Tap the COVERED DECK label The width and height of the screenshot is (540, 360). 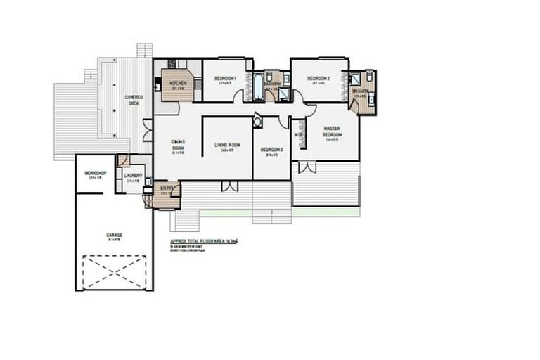coord(134,99)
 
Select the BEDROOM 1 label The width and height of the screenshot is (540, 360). coord(225,78)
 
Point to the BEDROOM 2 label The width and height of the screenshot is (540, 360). coord(319,78)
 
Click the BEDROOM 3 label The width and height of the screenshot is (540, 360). coord(271,150)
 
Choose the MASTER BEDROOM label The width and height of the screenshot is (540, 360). coord(332,131)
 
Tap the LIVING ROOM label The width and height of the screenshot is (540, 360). coord(227,145)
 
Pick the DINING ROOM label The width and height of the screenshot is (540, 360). coord(178,145)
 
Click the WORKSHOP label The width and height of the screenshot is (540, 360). coord(95,173)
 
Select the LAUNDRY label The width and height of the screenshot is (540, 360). coord(133,176)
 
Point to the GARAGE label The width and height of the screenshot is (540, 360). coord(114,235)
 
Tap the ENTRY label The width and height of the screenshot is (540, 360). coord(167,188)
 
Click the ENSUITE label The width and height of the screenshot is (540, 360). coord(360,91)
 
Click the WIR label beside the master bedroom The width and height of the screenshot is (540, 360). coord(298,134)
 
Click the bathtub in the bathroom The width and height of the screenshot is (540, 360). coord(258,87)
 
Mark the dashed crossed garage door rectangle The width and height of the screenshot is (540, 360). coord(114,271)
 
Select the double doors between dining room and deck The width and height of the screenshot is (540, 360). coord(147,130)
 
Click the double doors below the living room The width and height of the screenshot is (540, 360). coord(229,186)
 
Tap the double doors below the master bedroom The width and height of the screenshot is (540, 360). coord(307,167)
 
